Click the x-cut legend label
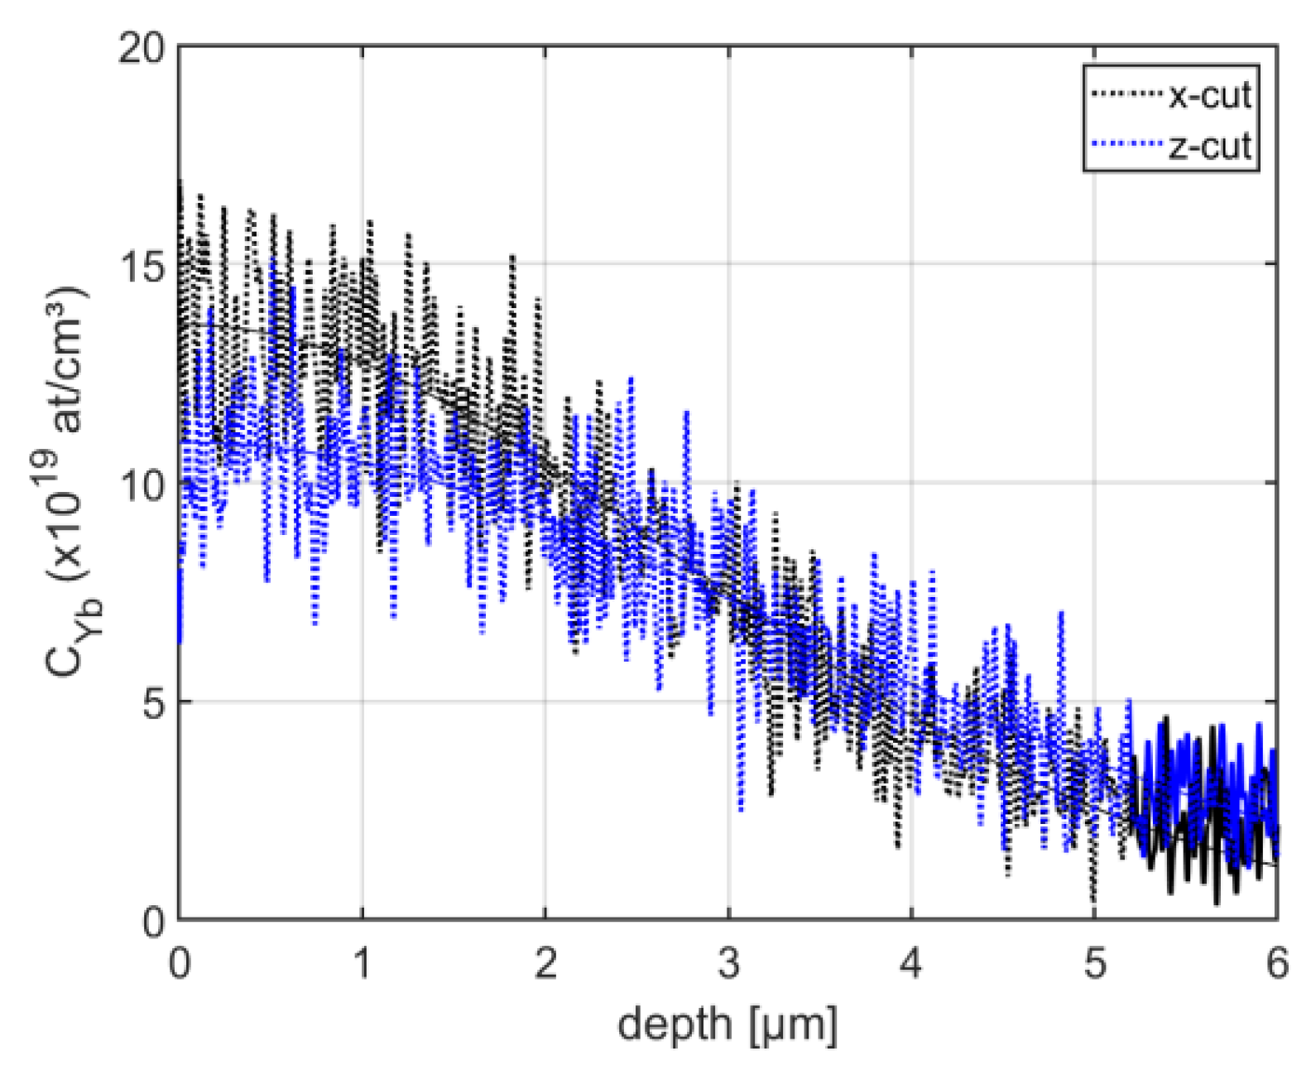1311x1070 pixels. pyautogui.click(x=1209, y=96)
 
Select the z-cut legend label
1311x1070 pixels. pyautogui.click(x=1209, y=147)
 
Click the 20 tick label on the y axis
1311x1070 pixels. pyautogui.click(x=142, y=49)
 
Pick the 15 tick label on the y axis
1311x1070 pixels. pyautogui.click(x=142, y=265)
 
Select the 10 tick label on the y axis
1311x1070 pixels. pyautogui.click(x=142, y=484)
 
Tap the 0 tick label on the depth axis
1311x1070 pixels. pyautogui.click(x=180, y=966)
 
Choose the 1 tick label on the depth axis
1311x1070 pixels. pyautogui.click(x=363, y=966)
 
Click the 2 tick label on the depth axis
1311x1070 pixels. pyautogui.click(x=545, y=966)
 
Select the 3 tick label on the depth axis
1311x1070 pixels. pyautogui.click(x=728, y=966)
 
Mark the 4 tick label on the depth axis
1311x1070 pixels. pyautogui.click(x=911, y=966)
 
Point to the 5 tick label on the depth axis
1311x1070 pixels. pyautogui.click(x=1094, y=966)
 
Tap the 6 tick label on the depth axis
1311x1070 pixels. pyautogui.click(x=1277, y=966)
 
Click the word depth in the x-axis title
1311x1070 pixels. pyautogui.click(x=676, y=1025)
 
